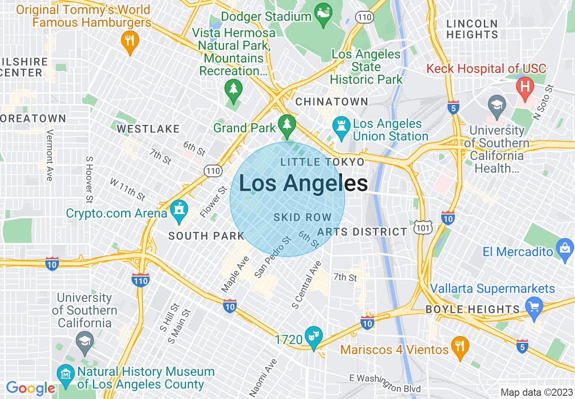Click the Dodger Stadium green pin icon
tap(323, 14)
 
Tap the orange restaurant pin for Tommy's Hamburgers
tap(130, 41)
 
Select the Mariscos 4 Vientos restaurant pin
tap(460, 347)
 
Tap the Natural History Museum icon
tap(66, 375)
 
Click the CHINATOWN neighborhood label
tap(331, 102)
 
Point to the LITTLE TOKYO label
tap(322, 162)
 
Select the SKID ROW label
tap(302, 218)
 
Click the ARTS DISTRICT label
tap(362, 232)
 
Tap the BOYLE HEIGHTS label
tap(472, 310)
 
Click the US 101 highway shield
tap(423, 228)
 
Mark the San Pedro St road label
tap(273, 257)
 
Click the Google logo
tap(30, 388)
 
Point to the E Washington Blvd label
tap(385, 383)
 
